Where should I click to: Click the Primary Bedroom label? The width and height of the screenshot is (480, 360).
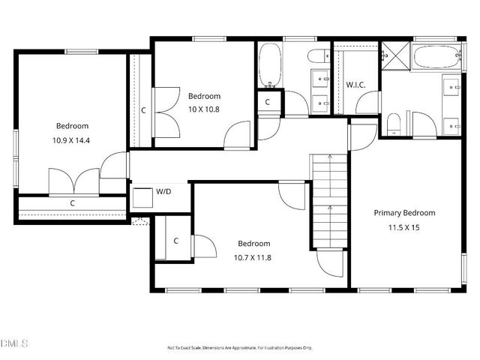coord(404,212)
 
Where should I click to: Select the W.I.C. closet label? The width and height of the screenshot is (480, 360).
coord(355,84)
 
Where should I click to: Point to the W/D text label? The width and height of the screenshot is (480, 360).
coord(163,192)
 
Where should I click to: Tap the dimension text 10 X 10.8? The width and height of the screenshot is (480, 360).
coord(204,109)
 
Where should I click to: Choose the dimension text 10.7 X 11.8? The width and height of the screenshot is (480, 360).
coord(253,256)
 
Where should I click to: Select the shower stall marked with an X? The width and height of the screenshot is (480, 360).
coord(392,54)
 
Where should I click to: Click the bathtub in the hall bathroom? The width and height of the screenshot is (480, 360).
coord(269,64)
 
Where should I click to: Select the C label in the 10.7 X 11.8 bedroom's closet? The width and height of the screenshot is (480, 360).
coord(175,241)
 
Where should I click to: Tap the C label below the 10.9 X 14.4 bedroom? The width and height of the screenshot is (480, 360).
coord(72,203)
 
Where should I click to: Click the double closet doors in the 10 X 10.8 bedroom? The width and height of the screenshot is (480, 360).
coord(164,110)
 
